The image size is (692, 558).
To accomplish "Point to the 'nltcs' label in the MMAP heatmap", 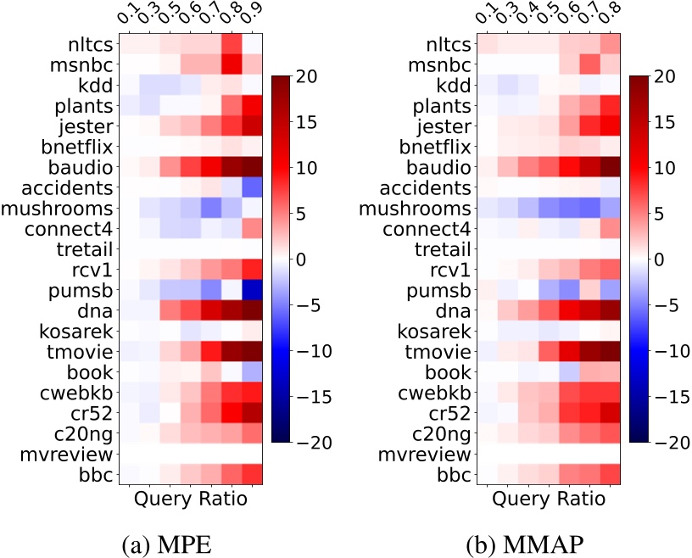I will coord(447,45).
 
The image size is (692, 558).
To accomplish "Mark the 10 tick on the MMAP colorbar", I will coord(667,169).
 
